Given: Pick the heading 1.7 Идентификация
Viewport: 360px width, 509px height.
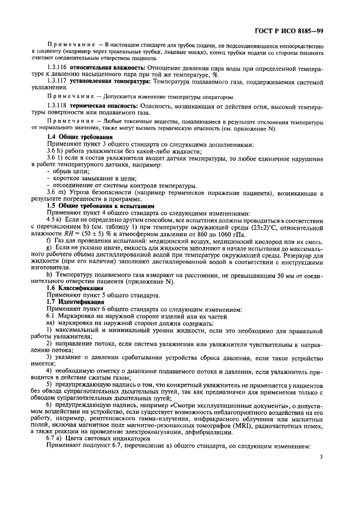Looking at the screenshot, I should pos(76,301).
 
